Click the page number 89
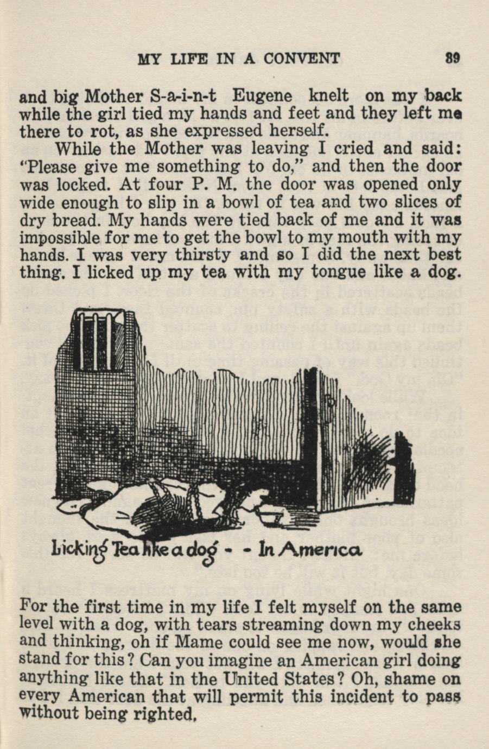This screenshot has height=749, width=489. pos(453,58)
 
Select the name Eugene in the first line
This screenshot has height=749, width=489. pos(262,97)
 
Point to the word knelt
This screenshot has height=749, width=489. pos(328,96)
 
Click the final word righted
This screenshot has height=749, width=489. pos(167,714)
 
